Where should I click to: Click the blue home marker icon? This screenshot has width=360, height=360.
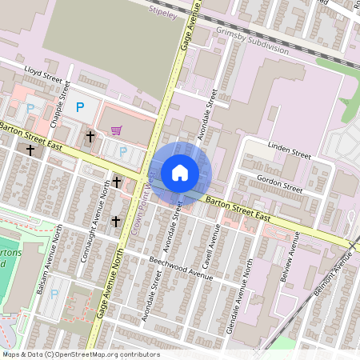[x=180, y=172]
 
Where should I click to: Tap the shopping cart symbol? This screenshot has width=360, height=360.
[x=117, y=130]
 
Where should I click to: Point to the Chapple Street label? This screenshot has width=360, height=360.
[x=56, y=103]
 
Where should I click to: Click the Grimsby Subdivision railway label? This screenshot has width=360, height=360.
[x=251, y=42]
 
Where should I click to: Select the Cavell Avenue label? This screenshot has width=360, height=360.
[x=213, y=246]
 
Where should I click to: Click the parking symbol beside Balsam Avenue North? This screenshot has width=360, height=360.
[x=54, y=294]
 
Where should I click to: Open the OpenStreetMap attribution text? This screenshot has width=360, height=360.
[x=81, y=354]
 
